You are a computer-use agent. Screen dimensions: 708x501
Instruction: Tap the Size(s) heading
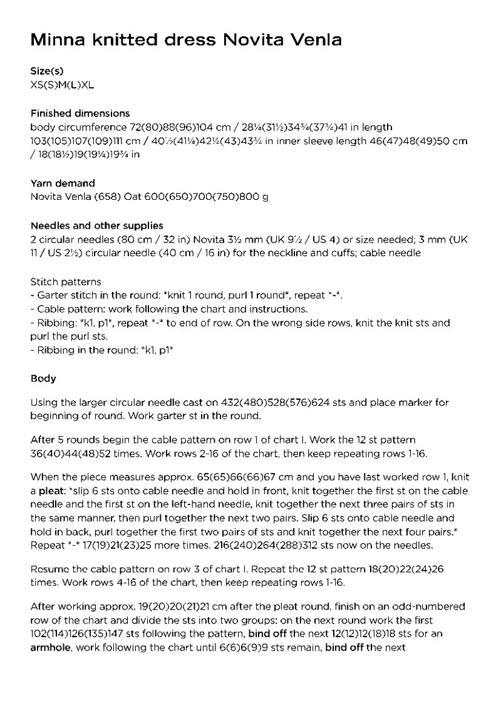[x=47, y=71]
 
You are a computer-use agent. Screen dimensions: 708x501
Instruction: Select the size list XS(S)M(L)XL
[x=63, y=84]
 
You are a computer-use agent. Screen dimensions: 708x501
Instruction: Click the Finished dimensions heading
[x=80, y=113]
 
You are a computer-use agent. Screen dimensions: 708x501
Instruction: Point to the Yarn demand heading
[x=63, y=184]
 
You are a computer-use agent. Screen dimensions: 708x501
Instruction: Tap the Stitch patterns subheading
[x=66, y=282]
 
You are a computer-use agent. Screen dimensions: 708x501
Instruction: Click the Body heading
[x=43, y=378]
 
